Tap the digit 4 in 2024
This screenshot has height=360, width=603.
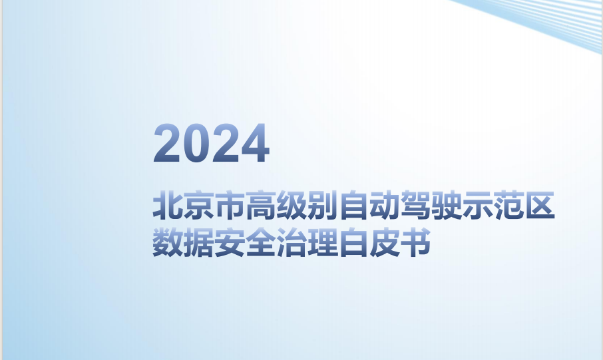click(255, 143)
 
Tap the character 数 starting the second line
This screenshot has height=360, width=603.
click(168, 242)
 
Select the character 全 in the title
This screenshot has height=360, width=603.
click(261, 242)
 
